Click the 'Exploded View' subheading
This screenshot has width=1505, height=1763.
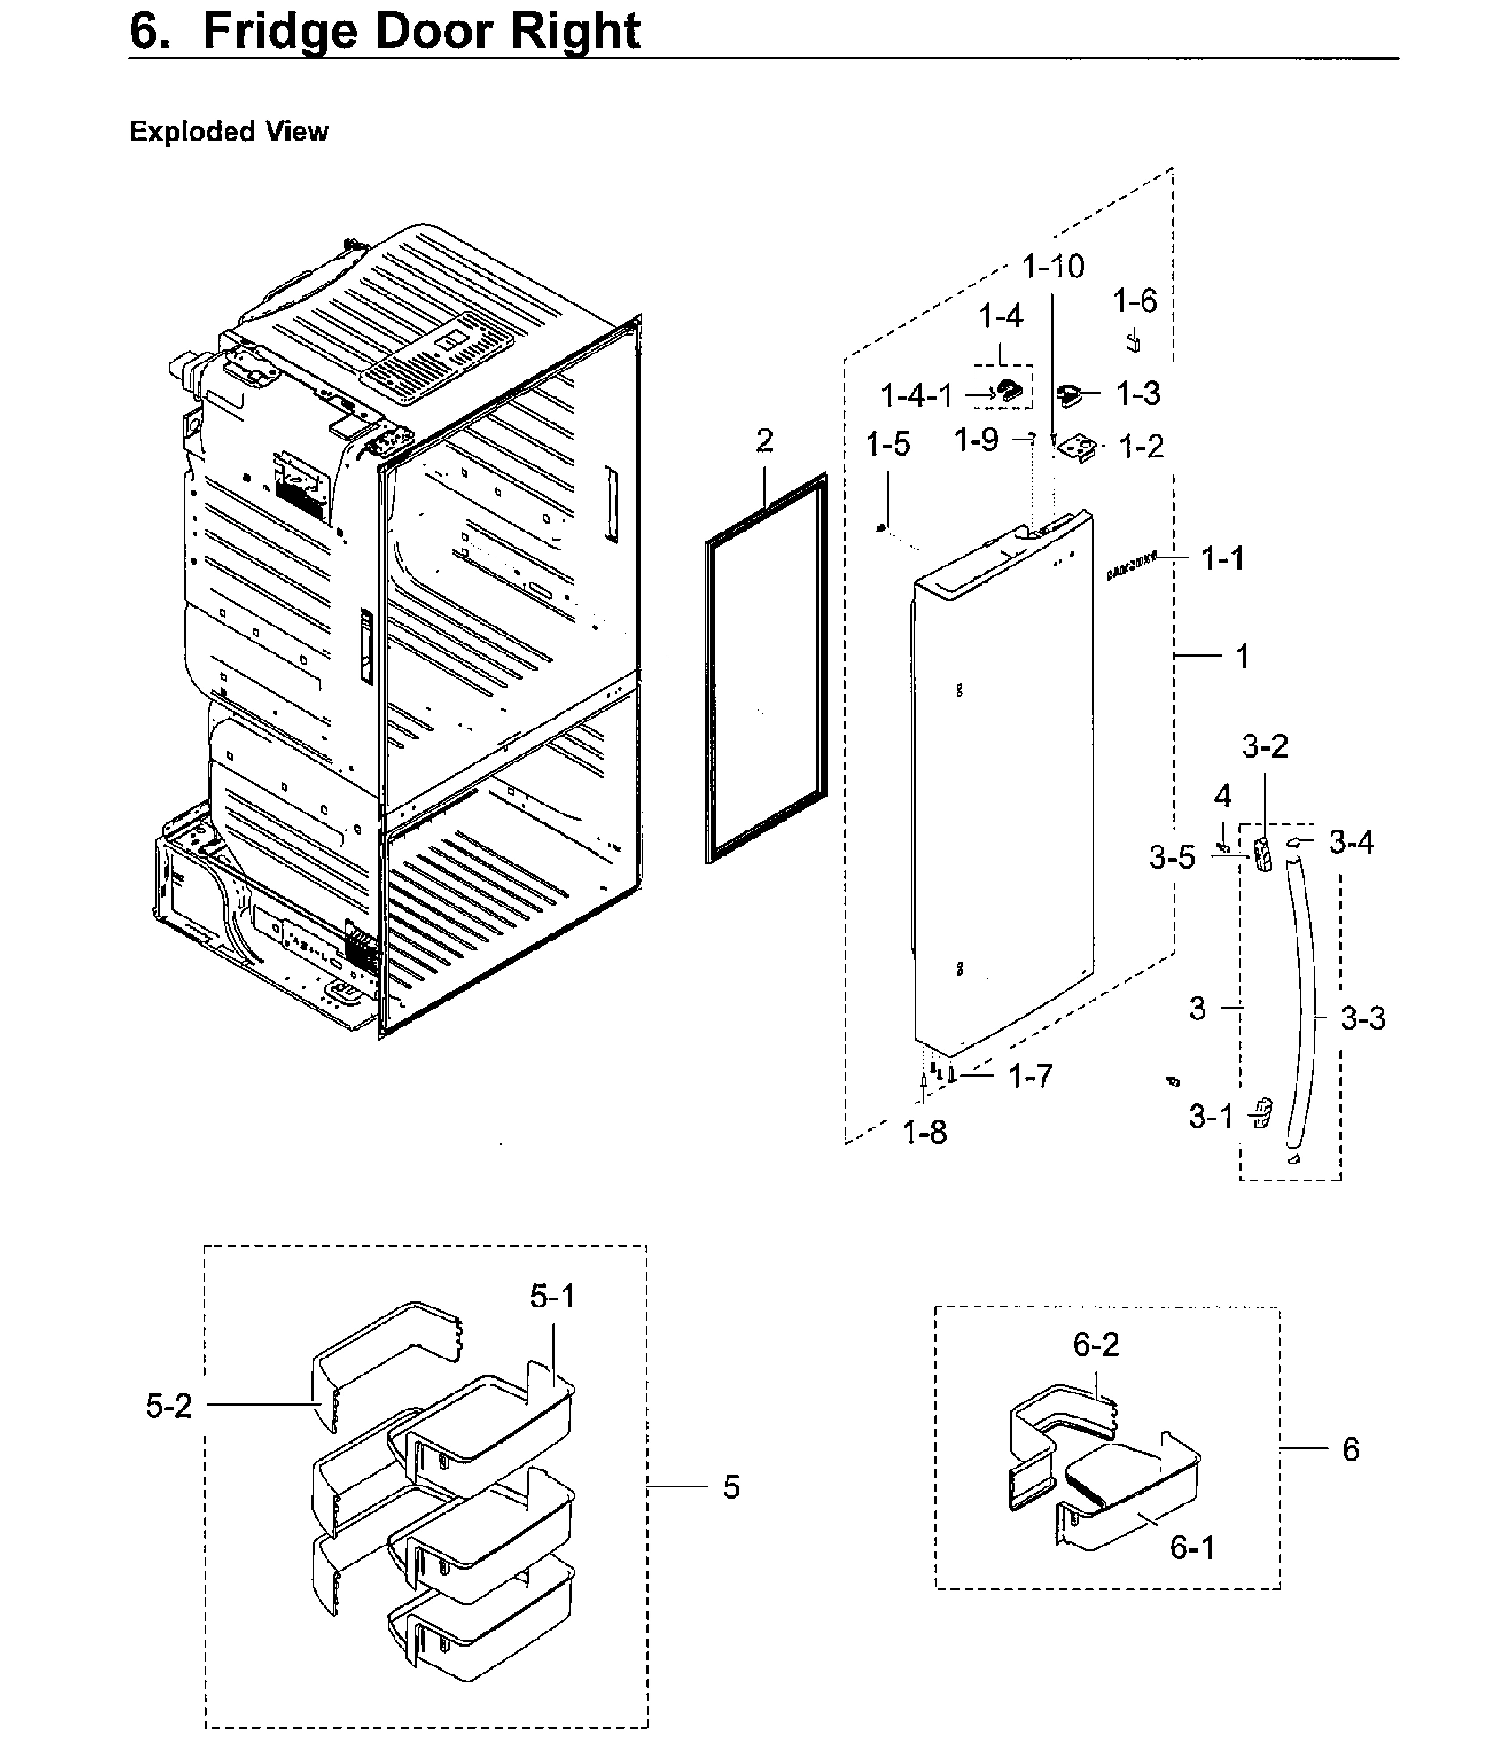pos(228,132)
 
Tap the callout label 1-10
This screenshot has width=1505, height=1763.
pos(1053,267)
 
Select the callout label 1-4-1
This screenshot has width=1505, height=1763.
pos(917,395)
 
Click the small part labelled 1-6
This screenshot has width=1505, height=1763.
pos(1133,342)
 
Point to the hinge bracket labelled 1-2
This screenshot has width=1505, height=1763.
pos(1079,447)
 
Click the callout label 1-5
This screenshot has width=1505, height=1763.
pos(888,444)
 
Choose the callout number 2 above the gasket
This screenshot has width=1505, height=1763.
pos(764,441)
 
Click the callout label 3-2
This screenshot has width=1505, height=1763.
pos(1265,745)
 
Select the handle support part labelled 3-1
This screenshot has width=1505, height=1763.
pos(1263,1113)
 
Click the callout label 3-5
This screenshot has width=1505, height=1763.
pos(1172,858)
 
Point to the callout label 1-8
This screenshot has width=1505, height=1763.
pos(924,1133)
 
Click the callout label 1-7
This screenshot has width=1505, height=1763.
pos(1031,1077)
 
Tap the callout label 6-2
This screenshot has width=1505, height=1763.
pos(1096,1344)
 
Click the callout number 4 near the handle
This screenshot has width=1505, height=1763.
pos(1222,796)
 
